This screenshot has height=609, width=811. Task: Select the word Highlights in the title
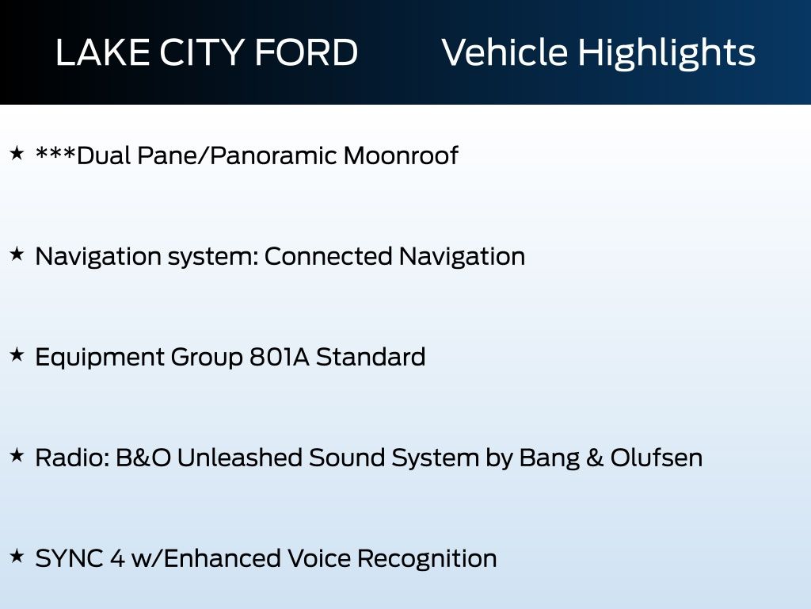(667, 53)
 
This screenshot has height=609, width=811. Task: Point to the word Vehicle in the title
(504, 53)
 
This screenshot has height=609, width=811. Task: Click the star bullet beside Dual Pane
(17, 154)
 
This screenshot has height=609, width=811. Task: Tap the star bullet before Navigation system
(17, 255)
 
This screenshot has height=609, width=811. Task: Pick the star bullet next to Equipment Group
(17, 355)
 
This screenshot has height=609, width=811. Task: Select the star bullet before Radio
(17, 456)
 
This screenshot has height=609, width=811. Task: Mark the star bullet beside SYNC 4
(17, 557)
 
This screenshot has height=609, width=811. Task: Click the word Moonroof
(401, 155)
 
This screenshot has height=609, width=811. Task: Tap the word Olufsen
(657, 458)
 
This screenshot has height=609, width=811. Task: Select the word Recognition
(427, 558)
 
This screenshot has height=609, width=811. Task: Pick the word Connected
(328, 256)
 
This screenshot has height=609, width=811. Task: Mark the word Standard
(371, 357)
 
